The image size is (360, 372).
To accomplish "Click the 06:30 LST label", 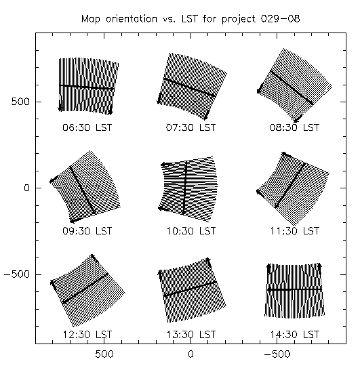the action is [87, 127].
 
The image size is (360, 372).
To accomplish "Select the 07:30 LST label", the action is [191, 127].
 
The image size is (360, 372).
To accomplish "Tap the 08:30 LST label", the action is [294, 127].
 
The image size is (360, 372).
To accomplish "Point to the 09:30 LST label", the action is [87, 231].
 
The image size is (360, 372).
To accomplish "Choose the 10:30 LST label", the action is [191, 231].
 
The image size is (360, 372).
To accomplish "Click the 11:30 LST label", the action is [294, 231].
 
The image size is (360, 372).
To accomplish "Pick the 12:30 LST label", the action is [87, 335].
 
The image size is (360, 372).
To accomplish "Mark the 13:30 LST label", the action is [191, 335].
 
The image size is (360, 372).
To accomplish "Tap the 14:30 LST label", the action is [294, 335].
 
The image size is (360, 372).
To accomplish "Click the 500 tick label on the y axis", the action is [20, 102].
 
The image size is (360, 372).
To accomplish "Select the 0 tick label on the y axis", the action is [26, 188].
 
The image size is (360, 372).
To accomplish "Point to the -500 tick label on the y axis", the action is [17, 274].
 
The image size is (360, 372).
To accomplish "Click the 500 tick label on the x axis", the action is [104, 354].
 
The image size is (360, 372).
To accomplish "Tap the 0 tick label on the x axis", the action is [191, 354].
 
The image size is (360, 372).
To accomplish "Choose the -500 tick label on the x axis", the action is [277, 354].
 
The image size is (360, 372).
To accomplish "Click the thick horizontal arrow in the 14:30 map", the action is [294, 289].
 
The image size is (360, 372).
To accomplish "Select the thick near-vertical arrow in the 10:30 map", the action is [185, 188].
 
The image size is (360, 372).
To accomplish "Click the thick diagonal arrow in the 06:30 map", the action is [87, 87].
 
